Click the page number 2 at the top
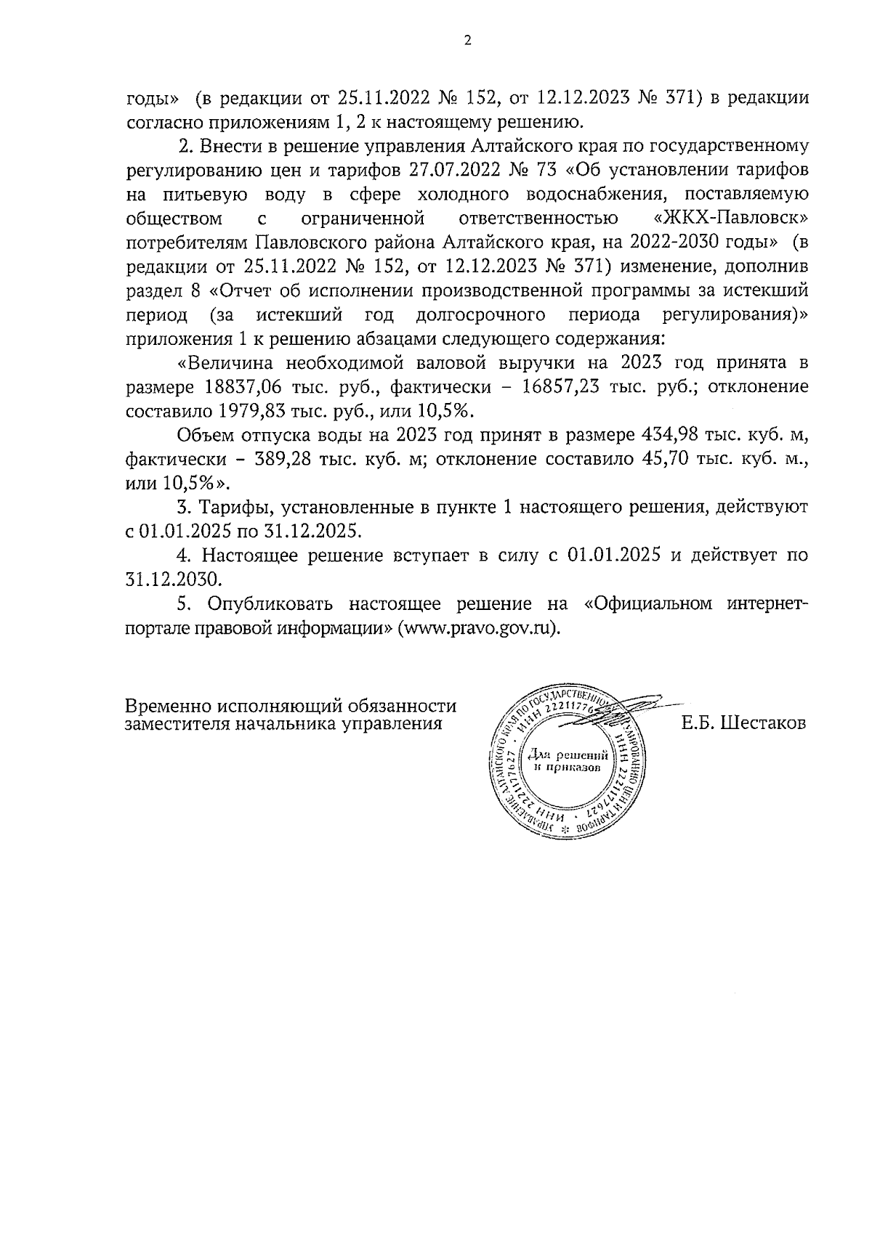(x=467, y=41)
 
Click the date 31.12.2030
(x=173, y=579)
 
